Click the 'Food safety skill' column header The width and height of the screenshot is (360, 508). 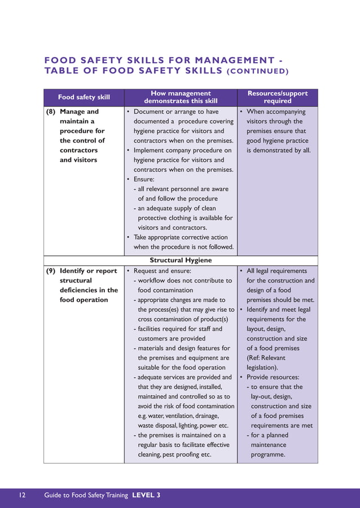(x=84, y=97)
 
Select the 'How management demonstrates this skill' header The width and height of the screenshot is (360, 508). (x=180, y=97)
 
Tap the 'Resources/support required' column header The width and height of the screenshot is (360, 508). (x=277, y=97)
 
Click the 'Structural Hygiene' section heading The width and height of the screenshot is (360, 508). (x=181, y=260)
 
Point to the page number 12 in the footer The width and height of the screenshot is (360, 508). (x=22, y=495)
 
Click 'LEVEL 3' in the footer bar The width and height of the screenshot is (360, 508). (x=146, y=495)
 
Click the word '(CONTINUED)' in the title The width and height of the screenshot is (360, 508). (x=257, y=71)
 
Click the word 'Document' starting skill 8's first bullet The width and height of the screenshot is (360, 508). (x=150, y=112)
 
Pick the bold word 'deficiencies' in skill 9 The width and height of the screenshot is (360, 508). (x=78, y=290)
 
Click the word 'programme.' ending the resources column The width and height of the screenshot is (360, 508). (x=268, y=454)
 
